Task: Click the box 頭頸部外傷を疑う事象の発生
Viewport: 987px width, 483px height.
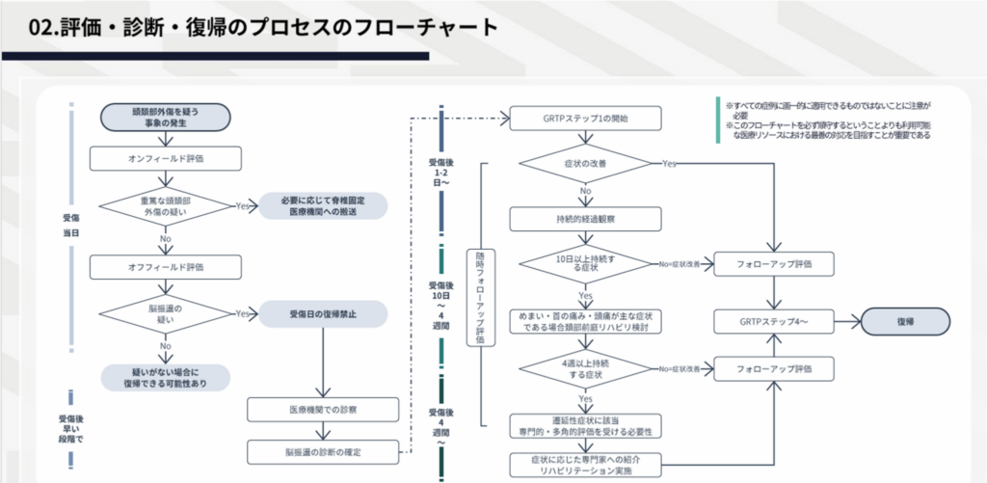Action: point(166,118)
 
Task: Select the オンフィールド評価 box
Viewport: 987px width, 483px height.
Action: point(166,157)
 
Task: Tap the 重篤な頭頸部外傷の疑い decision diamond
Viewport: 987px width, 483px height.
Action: point(166,205)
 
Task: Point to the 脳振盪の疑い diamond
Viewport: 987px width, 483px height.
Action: point(166,313)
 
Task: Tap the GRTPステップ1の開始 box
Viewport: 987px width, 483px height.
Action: point(586,119)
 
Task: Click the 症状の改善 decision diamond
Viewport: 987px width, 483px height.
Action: point(586,164)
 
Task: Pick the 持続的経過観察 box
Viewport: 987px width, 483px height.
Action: point(586,218)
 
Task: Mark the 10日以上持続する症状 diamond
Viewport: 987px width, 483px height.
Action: point(586,263)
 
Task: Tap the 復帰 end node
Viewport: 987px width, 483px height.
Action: point(905,321)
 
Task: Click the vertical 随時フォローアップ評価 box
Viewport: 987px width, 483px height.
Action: point(480,293)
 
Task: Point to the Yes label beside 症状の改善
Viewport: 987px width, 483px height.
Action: point(669,164)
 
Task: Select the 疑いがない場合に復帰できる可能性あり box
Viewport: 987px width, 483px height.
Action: point(166,376)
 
